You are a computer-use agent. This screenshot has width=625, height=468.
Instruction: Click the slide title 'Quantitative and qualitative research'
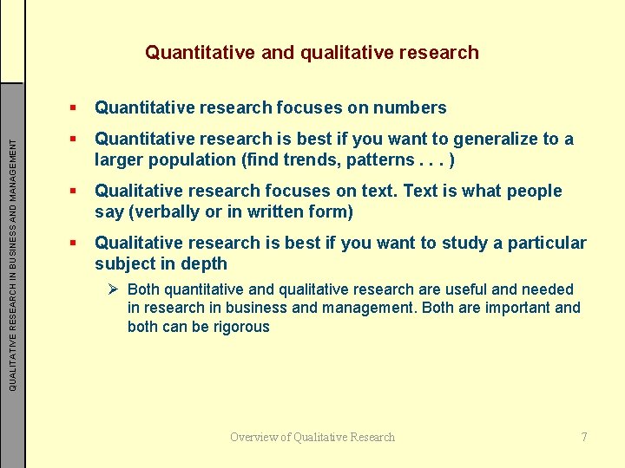coord(312,53)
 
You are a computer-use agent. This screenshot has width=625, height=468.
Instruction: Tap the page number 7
coord(584,437)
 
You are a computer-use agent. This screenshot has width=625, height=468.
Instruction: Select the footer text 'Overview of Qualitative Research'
coord(312,437)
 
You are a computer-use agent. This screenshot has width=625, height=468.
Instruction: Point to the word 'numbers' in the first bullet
coord(410,108)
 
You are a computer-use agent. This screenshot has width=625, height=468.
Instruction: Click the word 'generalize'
coord(496,140)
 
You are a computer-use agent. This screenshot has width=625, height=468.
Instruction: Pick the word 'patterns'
coord(375,160)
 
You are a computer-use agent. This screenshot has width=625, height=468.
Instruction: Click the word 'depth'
coord(204,264)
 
